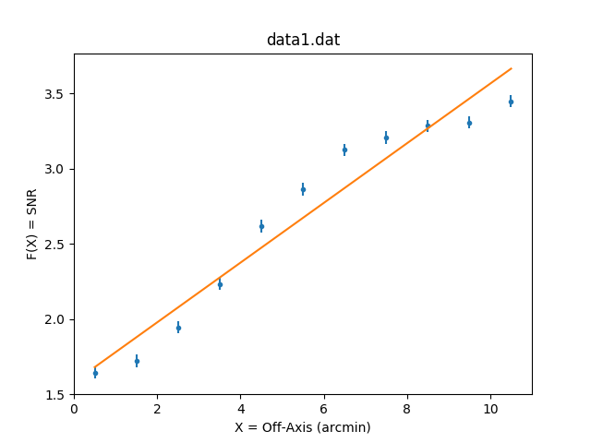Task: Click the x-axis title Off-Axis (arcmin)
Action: (x=303, y=427)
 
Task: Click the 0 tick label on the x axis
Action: (x=74, y=409)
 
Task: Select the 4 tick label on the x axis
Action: (x=241, y=409)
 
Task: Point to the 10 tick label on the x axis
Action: (x=490, y=409)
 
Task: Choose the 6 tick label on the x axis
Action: (x=324, y=409)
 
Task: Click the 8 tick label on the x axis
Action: (x=407, y=409)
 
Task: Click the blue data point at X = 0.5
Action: (x=95, y=373)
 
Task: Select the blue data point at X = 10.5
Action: (x=511, y=102)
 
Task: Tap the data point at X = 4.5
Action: (x=261, y=226)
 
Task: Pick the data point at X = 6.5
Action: (x=344, y=150)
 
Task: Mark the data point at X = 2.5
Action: (x=178, y=328)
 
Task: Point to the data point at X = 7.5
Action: (x=386, y=138)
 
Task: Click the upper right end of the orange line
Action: (x=511, y=68)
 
